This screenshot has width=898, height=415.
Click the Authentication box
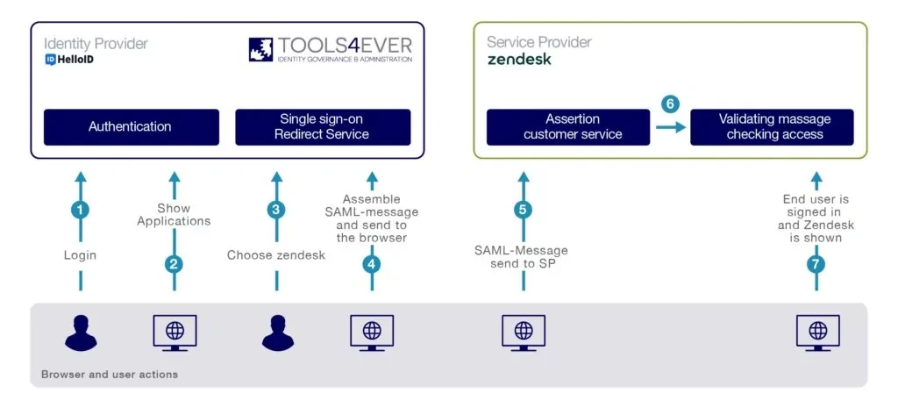click(x=131, y=126)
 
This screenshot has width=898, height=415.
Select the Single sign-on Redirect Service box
click(x=323, y=126)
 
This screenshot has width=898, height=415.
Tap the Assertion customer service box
click(x=573, y=126)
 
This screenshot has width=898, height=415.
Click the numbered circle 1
click(x=82, y=211)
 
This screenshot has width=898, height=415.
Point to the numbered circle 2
click(x=174, y=263)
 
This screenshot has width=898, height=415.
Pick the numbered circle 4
click(x=372, y=263)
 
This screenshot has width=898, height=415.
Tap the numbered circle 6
click(x=671, y=104)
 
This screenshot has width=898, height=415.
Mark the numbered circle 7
click(x=816, y=263)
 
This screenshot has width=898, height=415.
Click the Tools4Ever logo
click(x=330, y=49)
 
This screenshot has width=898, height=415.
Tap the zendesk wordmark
click(x=519, y=60)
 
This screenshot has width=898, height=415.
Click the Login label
click(x=81, y=255)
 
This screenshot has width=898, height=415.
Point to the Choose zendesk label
click(x=275, y=255)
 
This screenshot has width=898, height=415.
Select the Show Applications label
click(x=174, y=214)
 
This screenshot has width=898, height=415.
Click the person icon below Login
click(x=81, y=333)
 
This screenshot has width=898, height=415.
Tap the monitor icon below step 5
click(x=524, y=333)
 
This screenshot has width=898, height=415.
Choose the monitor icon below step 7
click(x=816, y=333)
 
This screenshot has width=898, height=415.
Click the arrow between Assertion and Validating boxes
click(x=670, y=127)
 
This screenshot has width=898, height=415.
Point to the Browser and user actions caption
click(x=110, y=375)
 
